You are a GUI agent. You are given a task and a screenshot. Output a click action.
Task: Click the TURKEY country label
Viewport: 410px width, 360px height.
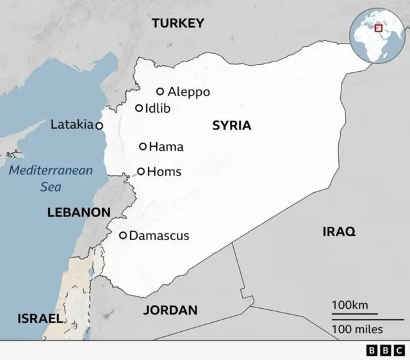(177, 24)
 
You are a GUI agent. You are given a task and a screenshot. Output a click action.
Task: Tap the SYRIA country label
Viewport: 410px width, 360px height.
(231, 126)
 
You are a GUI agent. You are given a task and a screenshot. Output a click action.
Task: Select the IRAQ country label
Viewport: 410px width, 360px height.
(338, 232)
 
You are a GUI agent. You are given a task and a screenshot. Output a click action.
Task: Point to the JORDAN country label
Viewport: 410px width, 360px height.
(170, 310)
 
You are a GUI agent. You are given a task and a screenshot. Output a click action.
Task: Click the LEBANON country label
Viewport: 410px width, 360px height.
(79, 212)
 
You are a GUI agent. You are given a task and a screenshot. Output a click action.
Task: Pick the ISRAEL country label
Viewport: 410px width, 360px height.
(40, 318)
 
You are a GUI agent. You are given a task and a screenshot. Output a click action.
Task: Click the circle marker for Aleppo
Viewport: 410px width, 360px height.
(160, 92)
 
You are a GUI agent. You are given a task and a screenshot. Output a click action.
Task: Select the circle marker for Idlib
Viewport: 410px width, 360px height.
(139, 108)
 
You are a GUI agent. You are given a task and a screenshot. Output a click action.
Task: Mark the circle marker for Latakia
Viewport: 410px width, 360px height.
(99, 126)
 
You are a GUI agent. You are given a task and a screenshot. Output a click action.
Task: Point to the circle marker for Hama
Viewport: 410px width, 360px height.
(143, 147)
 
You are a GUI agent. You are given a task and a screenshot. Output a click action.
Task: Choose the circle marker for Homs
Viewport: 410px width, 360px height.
(141, 172)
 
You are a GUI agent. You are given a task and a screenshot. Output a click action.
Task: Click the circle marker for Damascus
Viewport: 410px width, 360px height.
(123, 236)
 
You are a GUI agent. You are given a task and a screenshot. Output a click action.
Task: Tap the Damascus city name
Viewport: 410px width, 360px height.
(159, 236)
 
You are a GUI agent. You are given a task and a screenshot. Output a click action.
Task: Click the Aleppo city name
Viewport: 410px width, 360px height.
(188, 92)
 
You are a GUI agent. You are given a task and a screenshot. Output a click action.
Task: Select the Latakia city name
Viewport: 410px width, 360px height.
(72, 124)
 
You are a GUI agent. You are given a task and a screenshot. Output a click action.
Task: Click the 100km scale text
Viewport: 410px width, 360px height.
(350, 305)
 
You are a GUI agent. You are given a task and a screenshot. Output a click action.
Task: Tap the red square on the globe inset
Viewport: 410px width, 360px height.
(378, 28)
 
